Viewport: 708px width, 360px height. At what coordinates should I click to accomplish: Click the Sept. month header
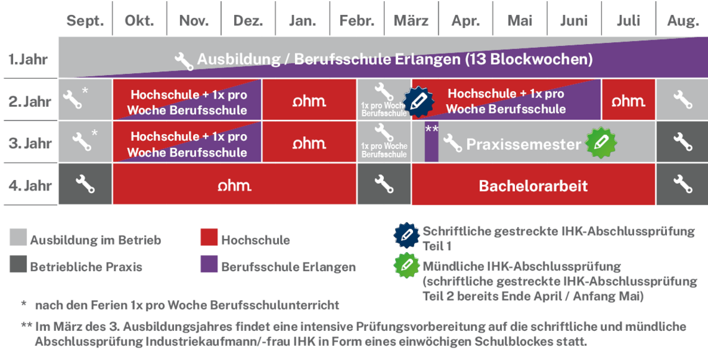click(x=85, y=21)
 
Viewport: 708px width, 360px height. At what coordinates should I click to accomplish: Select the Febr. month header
click(x=357, y=21)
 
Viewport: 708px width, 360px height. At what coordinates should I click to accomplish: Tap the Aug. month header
click(x=683, y=21)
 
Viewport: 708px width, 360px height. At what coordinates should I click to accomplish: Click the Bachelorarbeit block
click(x=533, y=186)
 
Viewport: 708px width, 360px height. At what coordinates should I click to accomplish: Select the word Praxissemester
click(x=524, y=144)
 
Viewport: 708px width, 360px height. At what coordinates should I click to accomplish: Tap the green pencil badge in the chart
click(x=601, y=142)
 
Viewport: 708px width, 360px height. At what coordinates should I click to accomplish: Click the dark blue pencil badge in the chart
click(x=418, y=101)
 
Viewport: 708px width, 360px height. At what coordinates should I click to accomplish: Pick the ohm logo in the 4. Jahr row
click(x=234, y=186)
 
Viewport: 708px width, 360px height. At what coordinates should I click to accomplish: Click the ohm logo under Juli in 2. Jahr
click(x=628, y=101)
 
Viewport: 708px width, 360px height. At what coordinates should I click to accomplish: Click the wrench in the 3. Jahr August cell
click(x=683, y=142)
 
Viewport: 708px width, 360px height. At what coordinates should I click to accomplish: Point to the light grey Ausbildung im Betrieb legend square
click(x=18, y=238)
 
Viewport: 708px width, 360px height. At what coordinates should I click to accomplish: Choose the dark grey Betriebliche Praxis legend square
click(x=18, y=265)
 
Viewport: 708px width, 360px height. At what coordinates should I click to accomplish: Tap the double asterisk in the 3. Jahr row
click(x=431, y=128)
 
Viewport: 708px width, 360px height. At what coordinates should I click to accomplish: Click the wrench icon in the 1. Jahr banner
click(x=183, y=60)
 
